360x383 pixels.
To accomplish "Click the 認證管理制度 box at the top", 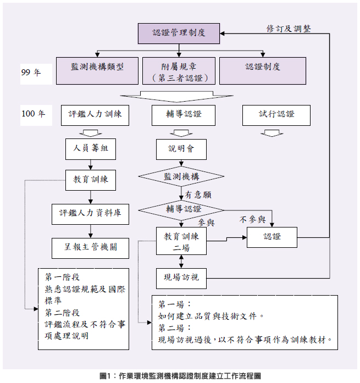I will tap(179, 34).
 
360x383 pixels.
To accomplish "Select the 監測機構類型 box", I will tap(97, 71).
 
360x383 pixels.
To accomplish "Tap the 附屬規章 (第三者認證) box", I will tap(180, 71).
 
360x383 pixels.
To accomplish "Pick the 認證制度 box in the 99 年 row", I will tap(263, 71).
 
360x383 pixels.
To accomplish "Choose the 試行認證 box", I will tap(276, 115).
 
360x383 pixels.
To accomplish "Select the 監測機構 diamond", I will tap(181, 177).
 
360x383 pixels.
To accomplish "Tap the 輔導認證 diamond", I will tap(181, 209).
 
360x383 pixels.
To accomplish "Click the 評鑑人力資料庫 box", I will tap(91, 213).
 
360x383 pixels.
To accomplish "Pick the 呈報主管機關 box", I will tap(91, 247).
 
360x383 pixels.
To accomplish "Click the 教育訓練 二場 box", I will tap(181, 241).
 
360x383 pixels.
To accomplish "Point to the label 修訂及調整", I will tap(289, 28).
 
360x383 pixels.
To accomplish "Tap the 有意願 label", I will tap(198, 195).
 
